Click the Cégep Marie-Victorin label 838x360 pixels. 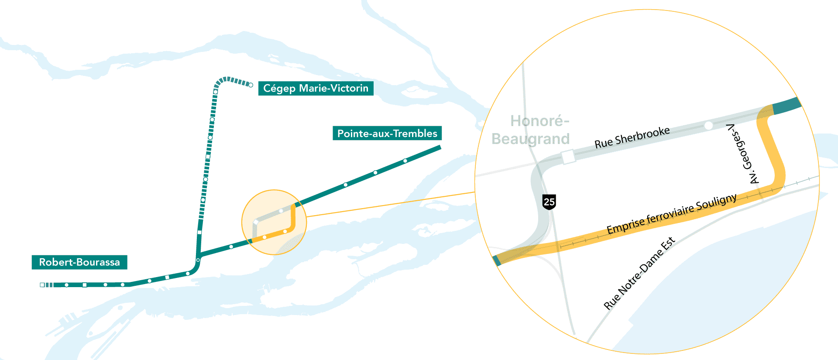click(x=316, y=88)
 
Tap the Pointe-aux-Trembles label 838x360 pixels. click(x=387, y=133)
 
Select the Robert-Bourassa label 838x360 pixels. click(x=79, y=262)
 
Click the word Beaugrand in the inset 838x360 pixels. click(x=530, y=139)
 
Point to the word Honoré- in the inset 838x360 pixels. click(x=539, y=121)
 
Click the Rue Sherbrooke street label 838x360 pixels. click(x=632, y=137)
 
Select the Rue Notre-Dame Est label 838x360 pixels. click(x=639, y=274)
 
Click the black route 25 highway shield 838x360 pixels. click(x=549, y=202)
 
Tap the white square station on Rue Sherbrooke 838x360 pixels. click(x=568, y=157)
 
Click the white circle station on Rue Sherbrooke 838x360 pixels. click(x=708, y=126)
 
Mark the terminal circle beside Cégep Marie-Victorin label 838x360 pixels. click(x=251, y=85)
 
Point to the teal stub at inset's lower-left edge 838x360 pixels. click(x=497, y=261)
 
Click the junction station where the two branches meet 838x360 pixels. click(x=198, y=260)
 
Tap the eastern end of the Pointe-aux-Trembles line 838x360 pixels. click(x=439, y=147)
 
